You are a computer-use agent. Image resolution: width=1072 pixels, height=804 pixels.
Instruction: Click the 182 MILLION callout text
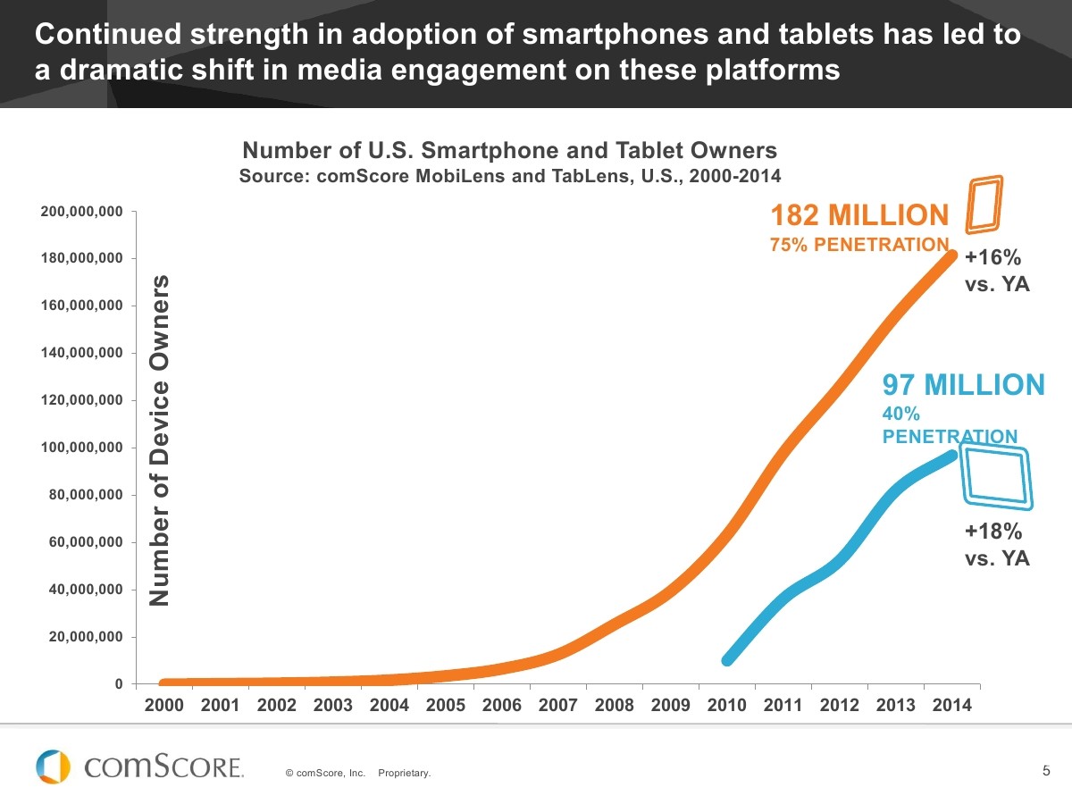point(858,215)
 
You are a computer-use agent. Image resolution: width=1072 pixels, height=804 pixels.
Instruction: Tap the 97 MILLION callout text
point(963,385)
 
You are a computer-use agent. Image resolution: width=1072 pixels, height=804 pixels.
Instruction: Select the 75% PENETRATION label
point(858,245)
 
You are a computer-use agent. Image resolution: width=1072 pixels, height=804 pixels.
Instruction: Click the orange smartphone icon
point(984,202)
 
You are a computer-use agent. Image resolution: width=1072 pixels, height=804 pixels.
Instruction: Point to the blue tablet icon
point(996,477)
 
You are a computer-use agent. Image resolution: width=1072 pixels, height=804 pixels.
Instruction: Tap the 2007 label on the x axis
point(558,705)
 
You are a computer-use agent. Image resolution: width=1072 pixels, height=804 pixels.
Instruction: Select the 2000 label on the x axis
point(164,705)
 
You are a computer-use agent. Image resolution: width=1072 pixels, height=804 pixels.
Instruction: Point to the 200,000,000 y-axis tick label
point(81,212)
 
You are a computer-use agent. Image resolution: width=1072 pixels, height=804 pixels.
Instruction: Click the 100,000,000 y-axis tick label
point(81,448)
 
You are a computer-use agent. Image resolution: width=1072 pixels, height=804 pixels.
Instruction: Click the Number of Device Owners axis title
point(159,440)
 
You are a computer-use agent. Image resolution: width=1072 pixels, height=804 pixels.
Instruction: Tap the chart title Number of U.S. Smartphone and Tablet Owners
point(509,150)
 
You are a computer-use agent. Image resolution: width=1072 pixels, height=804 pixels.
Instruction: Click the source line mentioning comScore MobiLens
point(509,175)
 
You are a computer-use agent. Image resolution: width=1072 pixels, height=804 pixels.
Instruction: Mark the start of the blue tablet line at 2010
point(728,660)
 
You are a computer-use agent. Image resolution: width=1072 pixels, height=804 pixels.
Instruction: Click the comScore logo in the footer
point(139,766)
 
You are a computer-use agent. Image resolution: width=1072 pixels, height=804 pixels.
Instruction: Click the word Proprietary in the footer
point(404,773)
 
